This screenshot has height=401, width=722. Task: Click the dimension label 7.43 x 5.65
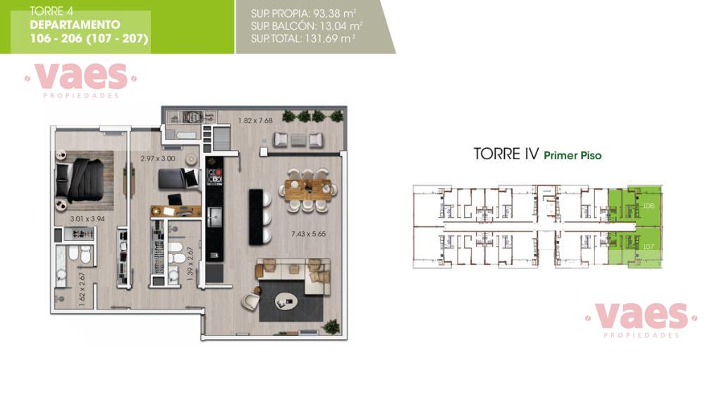click(308, 234)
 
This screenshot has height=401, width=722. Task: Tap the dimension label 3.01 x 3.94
click(87, 219)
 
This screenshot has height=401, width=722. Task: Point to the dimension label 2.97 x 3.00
click(157, 159)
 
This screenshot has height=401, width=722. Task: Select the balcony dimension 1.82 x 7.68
click(255, 121)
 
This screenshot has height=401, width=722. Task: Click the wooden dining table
click(307, 190)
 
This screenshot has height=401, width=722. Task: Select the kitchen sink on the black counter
click(214, 217)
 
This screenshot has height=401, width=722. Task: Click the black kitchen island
click(255, 217)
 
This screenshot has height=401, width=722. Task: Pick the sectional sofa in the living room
click(294, 276)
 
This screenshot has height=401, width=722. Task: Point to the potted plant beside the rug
click(331, 327)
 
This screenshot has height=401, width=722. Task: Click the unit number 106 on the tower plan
click(649, 206)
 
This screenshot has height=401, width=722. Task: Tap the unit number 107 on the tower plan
click(649, 247)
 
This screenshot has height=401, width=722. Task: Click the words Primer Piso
click(573, 156)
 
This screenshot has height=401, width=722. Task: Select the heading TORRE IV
click(506, 154)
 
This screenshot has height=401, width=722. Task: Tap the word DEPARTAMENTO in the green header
click(75, 25)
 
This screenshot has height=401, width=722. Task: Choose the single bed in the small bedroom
click(178, 178)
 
